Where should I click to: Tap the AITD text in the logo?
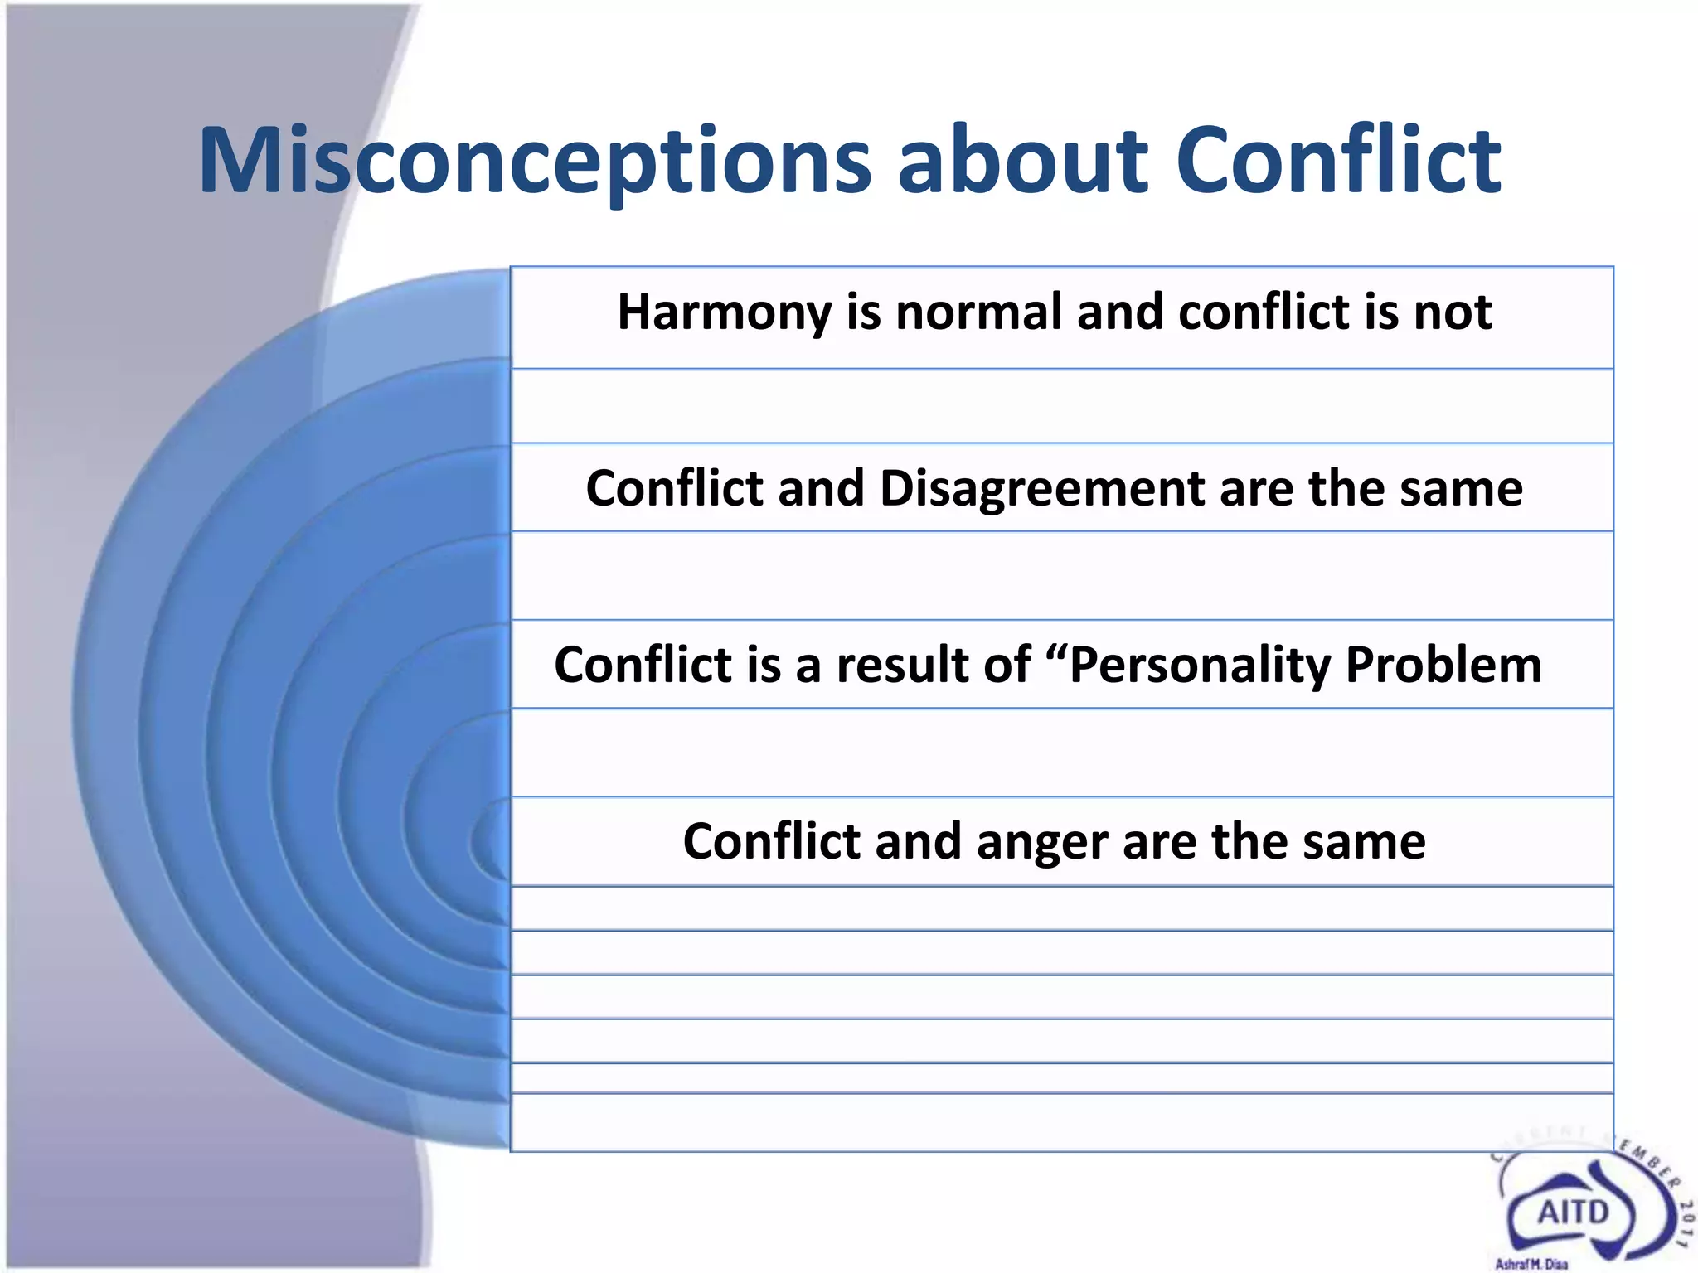[x=1573, y=1212]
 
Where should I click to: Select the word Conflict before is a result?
[x=643, y=665]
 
